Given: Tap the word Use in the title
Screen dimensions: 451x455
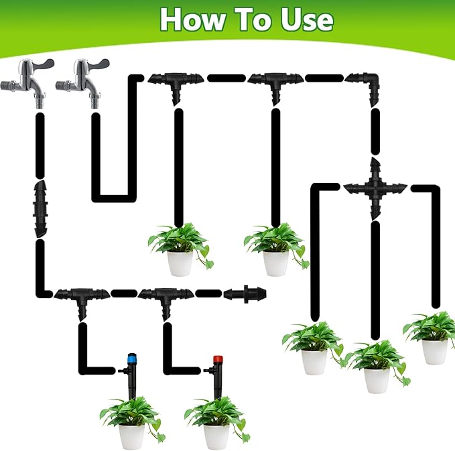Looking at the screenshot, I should pos(306,19).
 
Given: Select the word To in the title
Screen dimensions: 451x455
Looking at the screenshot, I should pos(253,19).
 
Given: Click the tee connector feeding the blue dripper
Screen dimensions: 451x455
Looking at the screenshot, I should pos(80,296).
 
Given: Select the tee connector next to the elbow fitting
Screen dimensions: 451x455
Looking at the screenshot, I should pos(275,82).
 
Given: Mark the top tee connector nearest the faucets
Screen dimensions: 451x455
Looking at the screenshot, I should pos(177,82).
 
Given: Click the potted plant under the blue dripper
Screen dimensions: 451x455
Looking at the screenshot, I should pos(131,420).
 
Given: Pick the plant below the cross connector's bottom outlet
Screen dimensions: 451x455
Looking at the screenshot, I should pos(375,365).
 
